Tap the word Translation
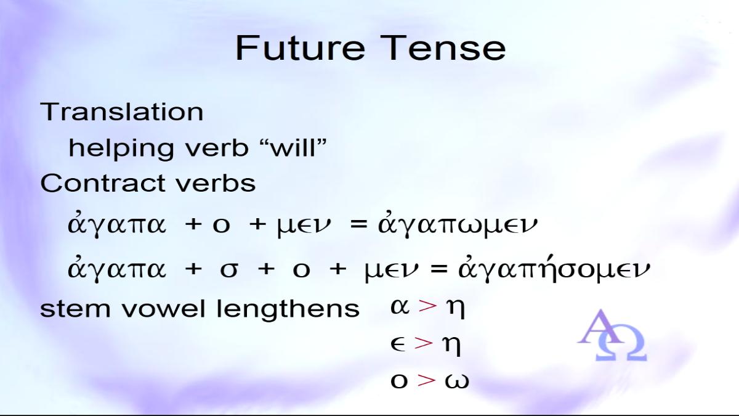pyautogui.click(x=122, y=112)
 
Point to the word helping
pyautogui.click(x=121, y=150)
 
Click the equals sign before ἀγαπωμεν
pyautogui.click(x=358, y=224)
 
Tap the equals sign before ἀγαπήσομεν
pyautogui.click(x=438, y=269)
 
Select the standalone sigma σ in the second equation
pyautogui.click(x=229, y=269)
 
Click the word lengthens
pyautogui.click(x=288, y=309)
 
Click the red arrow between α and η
pyautogui.click(x=427, y=306)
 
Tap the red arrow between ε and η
pyautogui.click(x=424, y=343)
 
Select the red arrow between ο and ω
pyautogui.click(x=427, y=380)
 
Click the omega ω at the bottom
pyautogui.click(x=457, y=381)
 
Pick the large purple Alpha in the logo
pyautogui.click(x=600, y=327)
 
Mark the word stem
pyautogui.click(x=75, y=309)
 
